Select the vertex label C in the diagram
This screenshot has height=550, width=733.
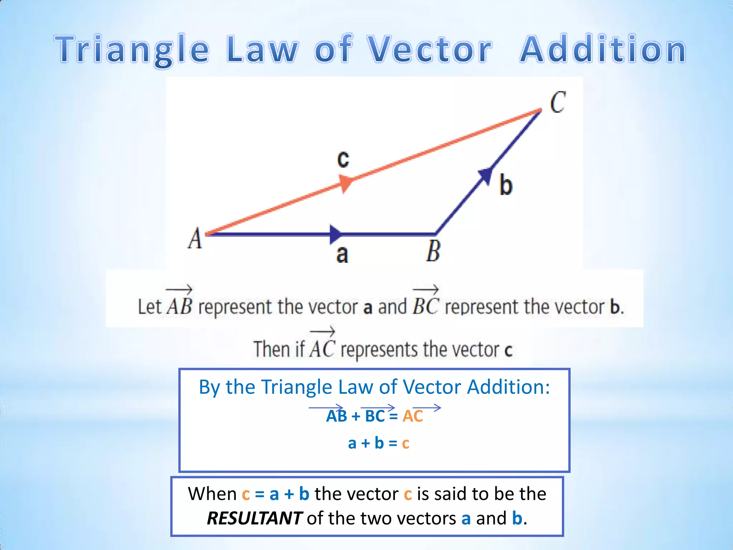pyautogui.click(x=558, y=102)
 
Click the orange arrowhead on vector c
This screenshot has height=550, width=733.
pyautogui.click(x=345, y=183)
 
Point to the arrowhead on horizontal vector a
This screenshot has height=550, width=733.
pyautogui.click(x=336, y=234)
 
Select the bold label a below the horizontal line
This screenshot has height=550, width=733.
pyautogui.click(x=342, y=254)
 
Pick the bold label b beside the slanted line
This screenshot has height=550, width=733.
pyautogui.click(x=505, y=185)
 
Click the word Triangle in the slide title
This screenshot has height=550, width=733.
pyautogui.click(x=132, y=49)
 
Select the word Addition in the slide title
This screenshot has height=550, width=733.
pyautogui.click(x=603, y=49)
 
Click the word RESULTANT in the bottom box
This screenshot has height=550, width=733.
pyautogui.click(x=254, y=518)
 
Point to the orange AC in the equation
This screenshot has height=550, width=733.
pyautogui.click(x=413, y=416)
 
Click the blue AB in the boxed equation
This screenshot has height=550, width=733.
pyautogui.click(x=336, y=416)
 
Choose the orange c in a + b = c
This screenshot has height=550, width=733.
pyautogui.click(x=406, y=443)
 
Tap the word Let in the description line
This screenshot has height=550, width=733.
pyautogui.click(x=150, y=307)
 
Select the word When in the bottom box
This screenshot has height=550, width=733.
pyautogui.click(x=212, y=494)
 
